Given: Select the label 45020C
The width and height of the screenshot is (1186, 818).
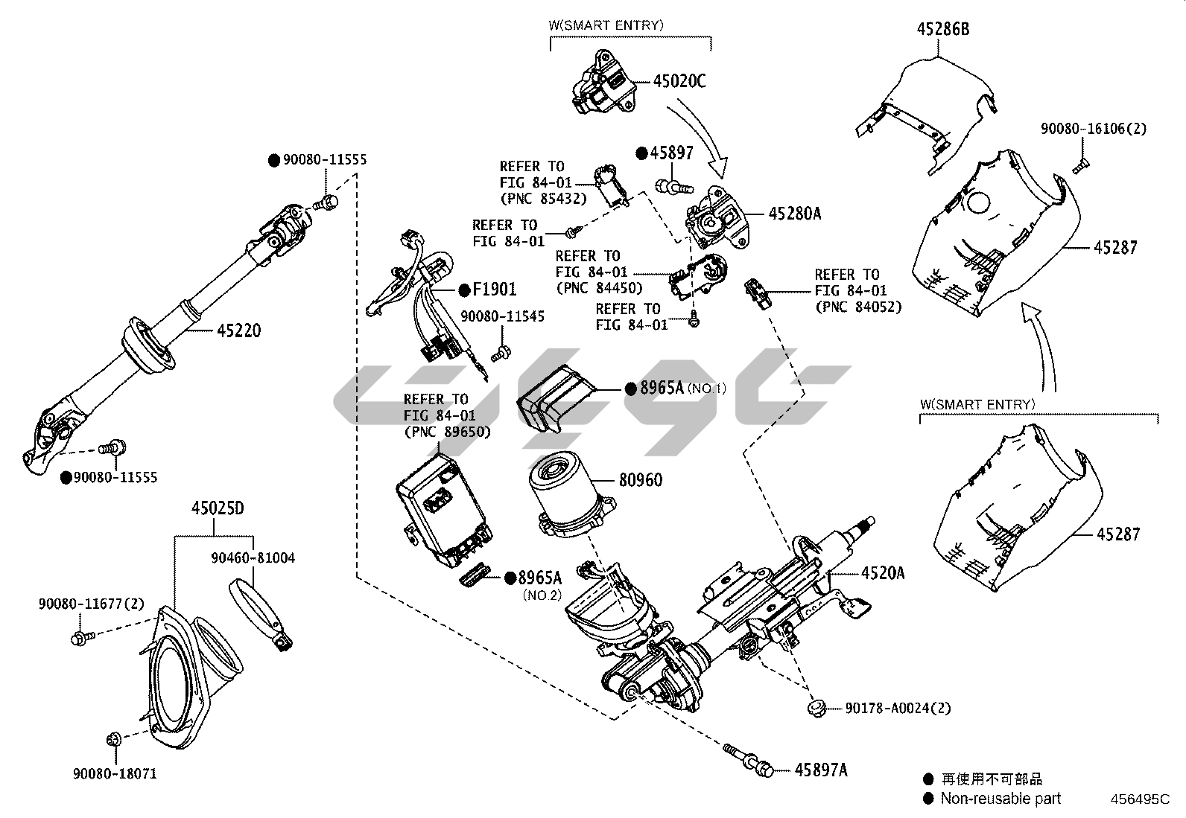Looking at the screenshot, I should click(679, 81).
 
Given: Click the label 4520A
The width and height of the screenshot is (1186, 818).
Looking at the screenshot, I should click(883, 572).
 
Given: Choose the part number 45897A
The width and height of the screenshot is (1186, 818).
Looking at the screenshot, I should click(820, 770).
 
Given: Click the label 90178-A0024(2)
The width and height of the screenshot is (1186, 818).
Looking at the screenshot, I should click(898, 708).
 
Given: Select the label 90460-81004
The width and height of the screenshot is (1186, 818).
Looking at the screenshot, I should click(253, 557).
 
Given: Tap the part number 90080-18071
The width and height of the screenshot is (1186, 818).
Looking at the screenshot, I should click(115, 773).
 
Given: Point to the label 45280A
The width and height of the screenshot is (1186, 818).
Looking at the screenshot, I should click(794, 214).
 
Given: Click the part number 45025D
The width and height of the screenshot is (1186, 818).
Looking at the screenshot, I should click(218, 509).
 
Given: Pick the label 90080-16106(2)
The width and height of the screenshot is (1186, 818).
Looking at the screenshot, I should click(1093, 129).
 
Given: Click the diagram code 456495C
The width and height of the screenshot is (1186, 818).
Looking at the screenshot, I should click(1140, 799).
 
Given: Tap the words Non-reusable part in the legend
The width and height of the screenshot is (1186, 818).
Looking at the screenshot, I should click(1000, 799).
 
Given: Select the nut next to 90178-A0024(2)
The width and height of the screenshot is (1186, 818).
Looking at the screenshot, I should click(816, 706).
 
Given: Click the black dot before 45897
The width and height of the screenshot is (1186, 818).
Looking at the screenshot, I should click(641, 153).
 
